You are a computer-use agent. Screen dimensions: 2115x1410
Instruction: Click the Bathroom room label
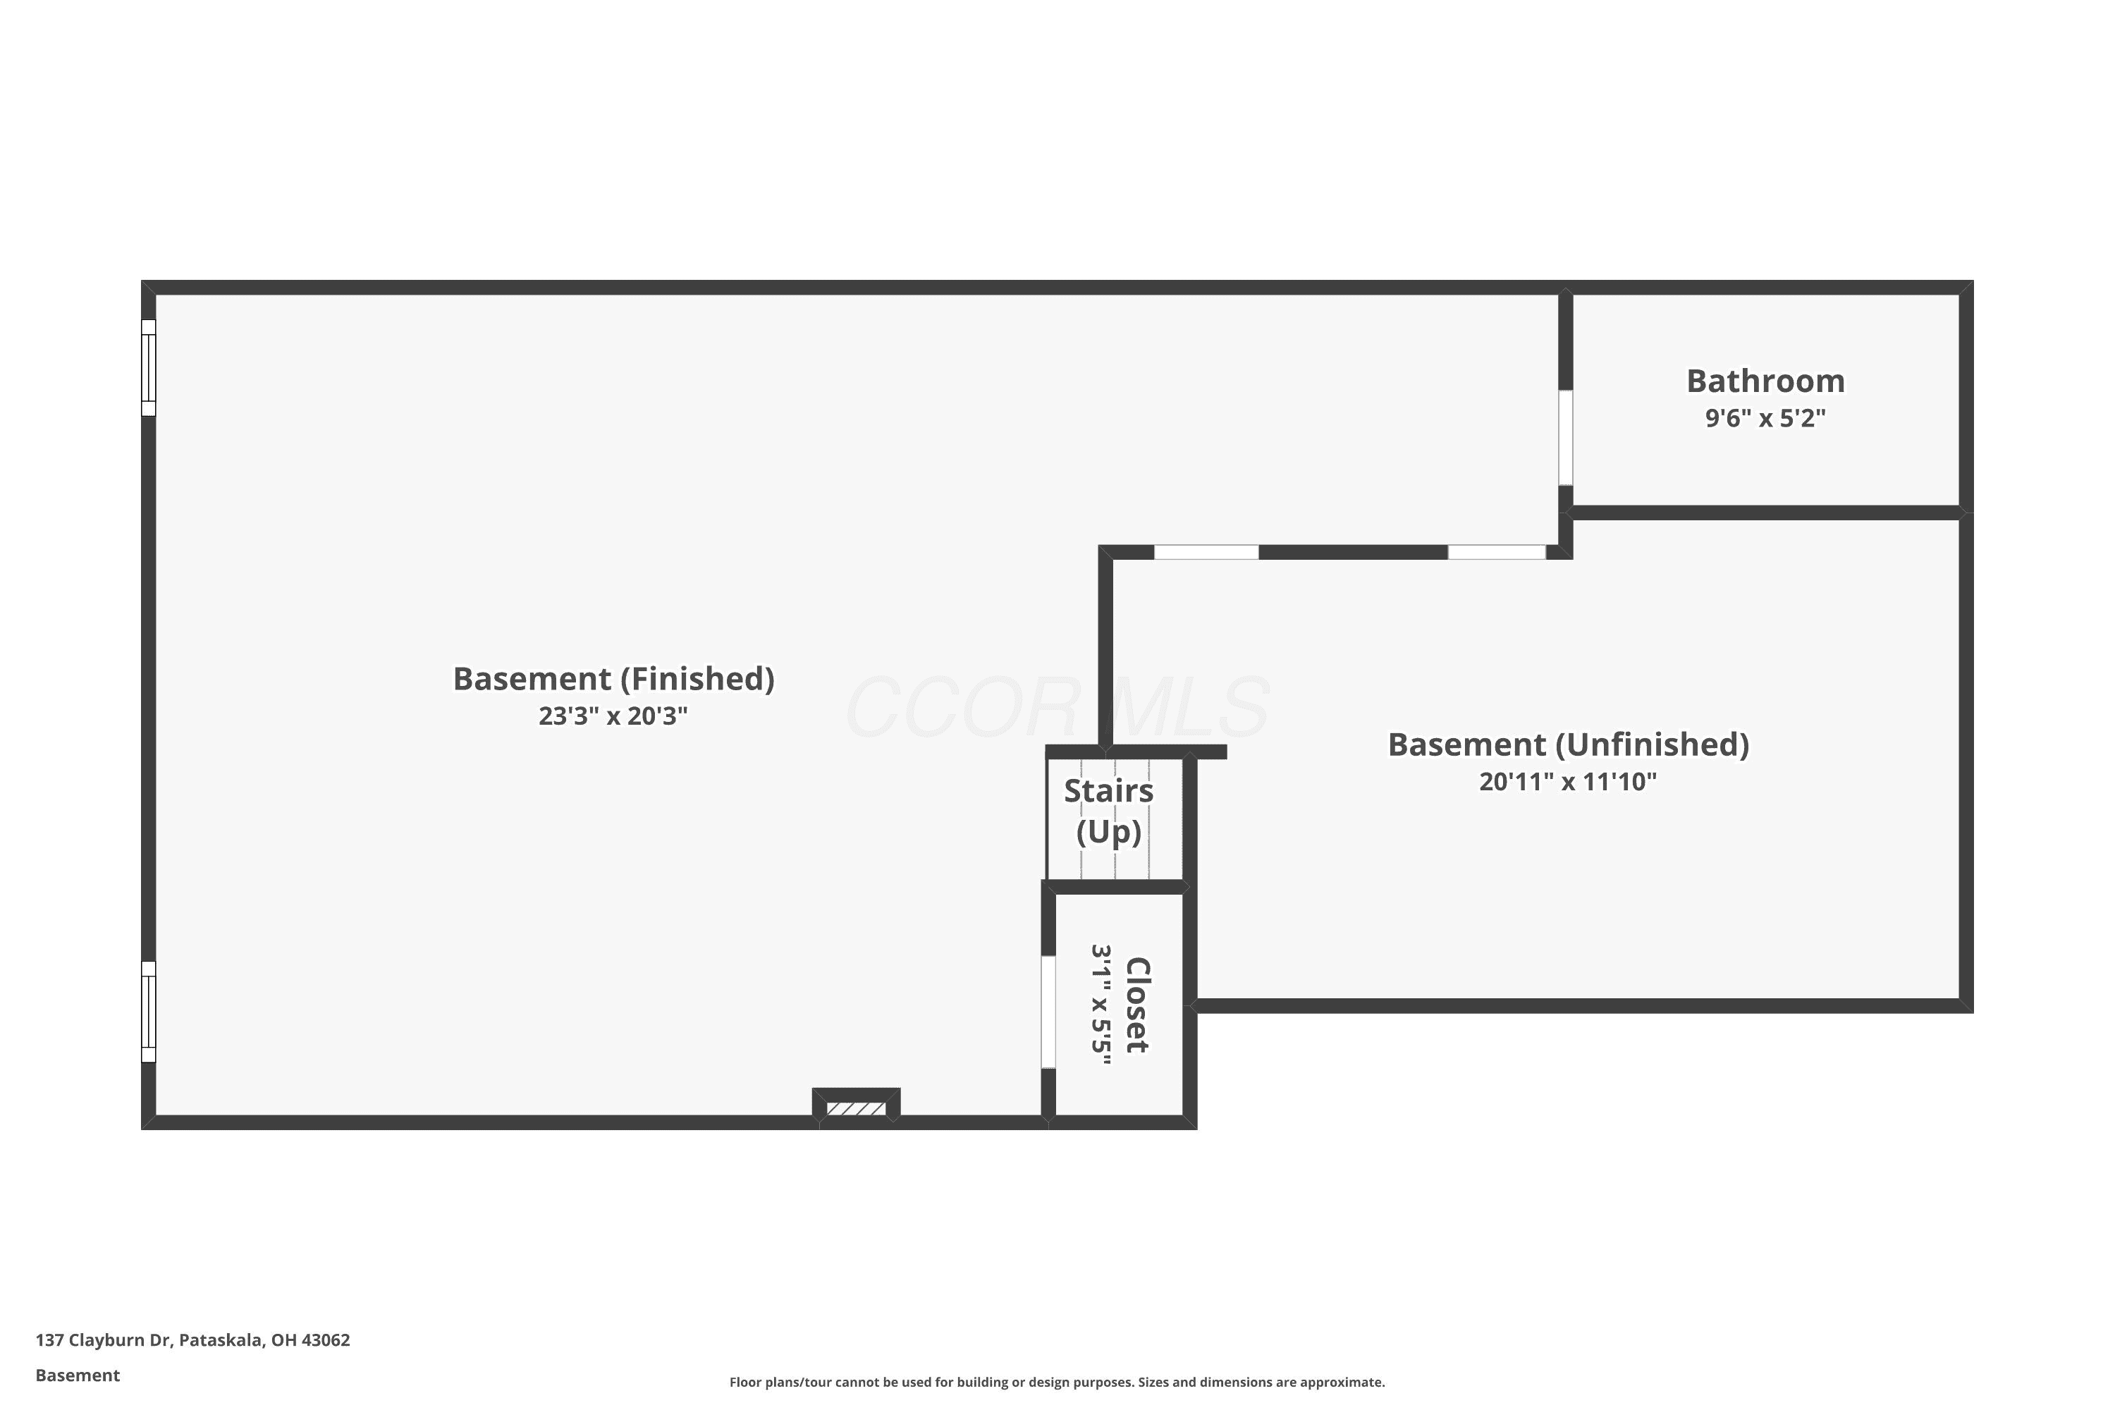tap(1765, 381)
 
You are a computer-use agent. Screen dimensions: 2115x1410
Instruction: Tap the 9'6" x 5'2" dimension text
tap(1765, 418)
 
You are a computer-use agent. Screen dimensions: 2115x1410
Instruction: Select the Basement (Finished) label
tap(613, 679)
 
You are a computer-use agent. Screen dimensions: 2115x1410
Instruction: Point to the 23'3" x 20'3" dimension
tap(613, 716)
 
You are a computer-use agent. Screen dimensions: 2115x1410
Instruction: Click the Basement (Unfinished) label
tap(1568, 744)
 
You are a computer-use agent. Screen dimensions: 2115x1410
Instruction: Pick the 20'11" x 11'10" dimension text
tap(1568, 781)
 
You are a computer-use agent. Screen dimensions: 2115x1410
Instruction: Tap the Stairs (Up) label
tap(1109, 811)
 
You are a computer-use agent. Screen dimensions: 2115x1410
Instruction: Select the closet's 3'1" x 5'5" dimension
tap(1101, 1005)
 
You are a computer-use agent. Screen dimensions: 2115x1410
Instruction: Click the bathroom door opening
tap(1566, 438)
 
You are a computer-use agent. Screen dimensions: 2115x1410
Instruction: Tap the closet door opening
tap(1048, 1012)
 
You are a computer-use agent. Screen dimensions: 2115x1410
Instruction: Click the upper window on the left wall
tap(148, 368)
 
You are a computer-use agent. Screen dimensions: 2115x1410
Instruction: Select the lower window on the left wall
tap(148, 1012)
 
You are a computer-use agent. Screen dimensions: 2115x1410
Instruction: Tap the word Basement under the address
tap(78, 1375)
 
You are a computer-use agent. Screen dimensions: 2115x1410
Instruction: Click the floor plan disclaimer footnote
tap(1057, 1382)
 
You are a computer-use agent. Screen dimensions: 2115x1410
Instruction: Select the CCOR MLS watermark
tap(1057, 708)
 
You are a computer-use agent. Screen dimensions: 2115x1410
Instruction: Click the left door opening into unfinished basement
tap(1206, 552)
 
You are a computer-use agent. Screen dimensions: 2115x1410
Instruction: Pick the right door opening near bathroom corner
tap(1496, 552)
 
